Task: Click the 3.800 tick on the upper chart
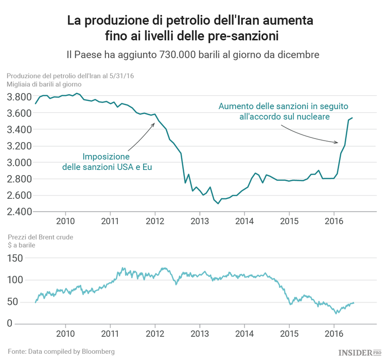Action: (x=19, y=97)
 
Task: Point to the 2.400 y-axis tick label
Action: (x=19, y=212)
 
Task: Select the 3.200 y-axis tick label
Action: (x=19, y=146)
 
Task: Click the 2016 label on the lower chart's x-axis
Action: (x=334, y=334)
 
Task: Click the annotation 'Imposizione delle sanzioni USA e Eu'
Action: (x=107, y=161)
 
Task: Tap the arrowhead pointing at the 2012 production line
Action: (x=154, y=124)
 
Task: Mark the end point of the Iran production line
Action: (x=353, y=118)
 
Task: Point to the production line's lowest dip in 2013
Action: (x=218, y=203)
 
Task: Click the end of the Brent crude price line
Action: (x=354, y=302)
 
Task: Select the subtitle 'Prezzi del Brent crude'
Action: (x=40, y=237)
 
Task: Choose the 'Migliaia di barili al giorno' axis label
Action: (x=44, y=83)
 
